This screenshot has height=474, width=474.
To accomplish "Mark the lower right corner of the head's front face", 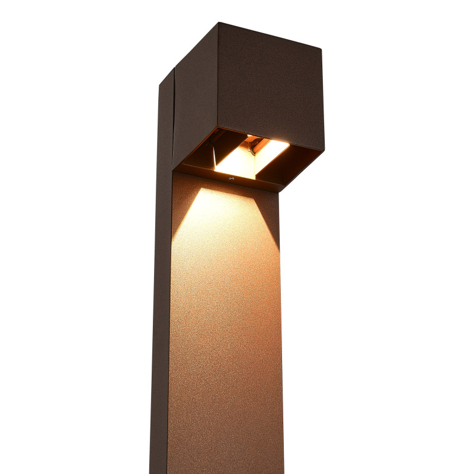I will tap(324, 149).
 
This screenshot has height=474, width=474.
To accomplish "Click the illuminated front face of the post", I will tap(225, 326).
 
